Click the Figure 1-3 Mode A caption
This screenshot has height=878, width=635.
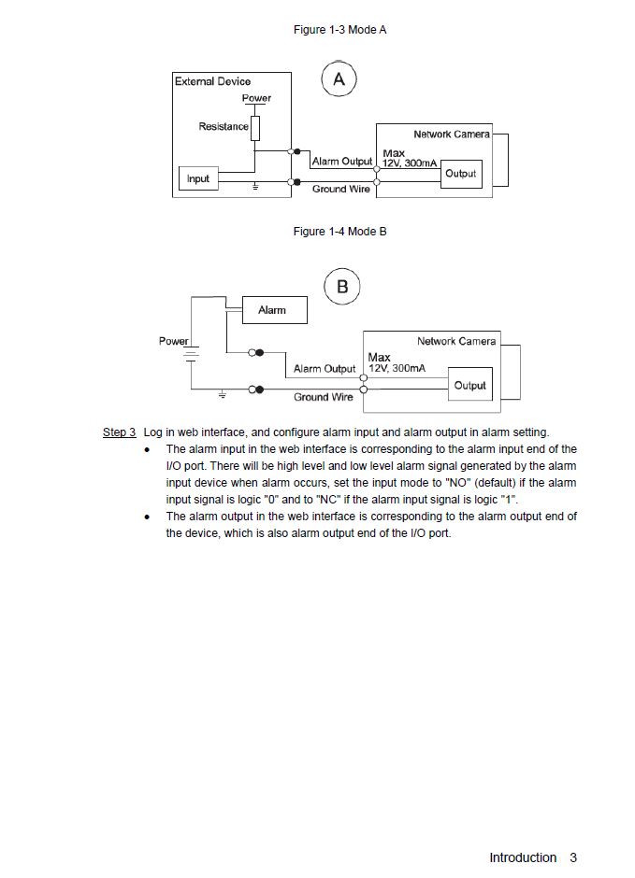pos(339,30)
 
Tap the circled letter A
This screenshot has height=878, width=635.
pos(339,80)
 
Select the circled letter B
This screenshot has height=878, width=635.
pos(342,287)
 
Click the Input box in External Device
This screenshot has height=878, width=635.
pos(198,178)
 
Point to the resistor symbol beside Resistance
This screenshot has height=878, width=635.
pos(254,128)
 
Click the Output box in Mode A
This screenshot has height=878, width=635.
pos(460,174)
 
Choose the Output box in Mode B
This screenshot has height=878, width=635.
pos(470,385)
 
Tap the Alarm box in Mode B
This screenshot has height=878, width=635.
pos(272,310)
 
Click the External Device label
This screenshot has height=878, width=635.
pos(213,81)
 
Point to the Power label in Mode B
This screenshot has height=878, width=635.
pos(173,342)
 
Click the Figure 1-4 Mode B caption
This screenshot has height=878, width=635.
pos(339,232)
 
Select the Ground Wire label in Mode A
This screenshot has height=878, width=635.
pos(341,190)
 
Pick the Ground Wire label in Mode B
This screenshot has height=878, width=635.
pos(324,397)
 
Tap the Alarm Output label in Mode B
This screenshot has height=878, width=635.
pos(325,369)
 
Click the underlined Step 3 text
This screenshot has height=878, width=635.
pos(119,432)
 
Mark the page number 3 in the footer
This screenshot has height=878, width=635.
pos(573,857)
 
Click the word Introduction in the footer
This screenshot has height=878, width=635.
pos(523,857)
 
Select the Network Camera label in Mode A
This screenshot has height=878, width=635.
pos(452,135)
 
